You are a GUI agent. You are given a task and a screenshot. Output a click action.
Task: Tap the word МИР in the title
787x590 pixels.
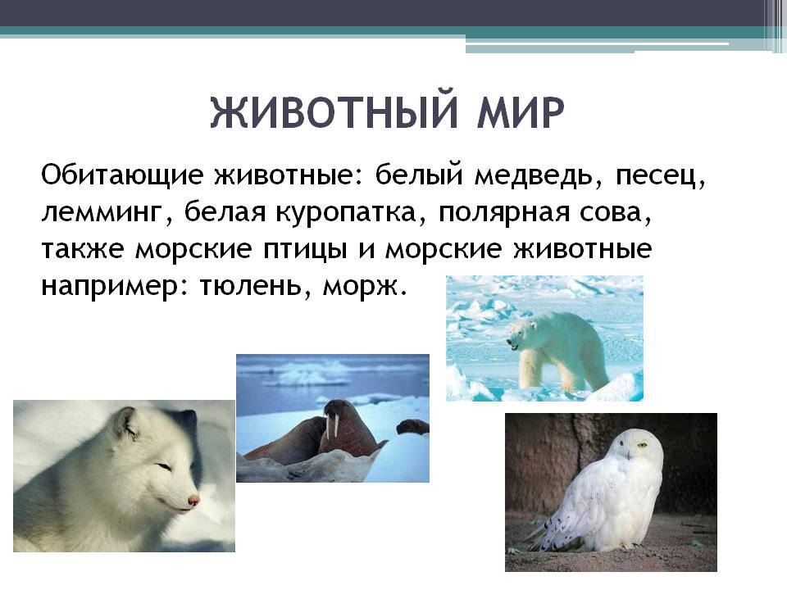point(521,112)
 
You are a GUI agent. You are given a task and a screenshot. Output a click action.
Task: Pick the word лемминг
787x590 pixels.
point(102,213)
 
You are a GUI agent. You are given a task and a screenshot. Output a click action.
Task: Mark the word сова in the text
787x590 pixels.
point(612,213)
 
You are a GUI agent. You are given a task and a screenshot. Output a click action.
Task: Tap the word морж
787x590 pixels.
point(362,287)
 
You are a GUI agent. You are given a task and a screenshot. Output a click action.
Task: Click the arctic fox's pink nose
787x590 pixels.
point(193,500)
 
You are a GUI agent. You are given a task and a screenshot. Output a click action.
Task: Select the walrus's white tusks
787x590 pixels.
point(330,425)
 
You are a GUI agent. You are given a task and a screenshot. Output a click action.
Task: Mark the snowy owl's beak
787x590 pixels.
point(628,455)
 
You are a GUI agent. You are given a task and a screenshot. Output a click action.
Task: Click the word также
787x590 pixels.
point(82,249)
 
